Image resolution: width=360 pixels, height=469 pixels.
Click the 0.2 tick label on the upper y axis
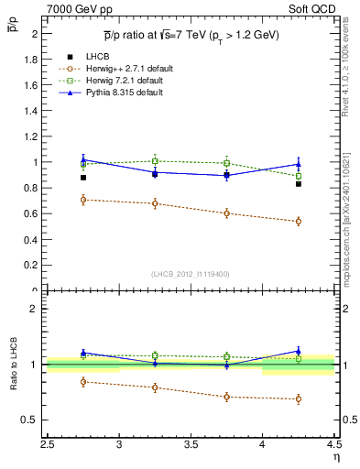point(35,266)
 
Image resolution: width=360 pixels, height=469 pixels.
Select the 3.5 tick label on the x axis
point(191,445)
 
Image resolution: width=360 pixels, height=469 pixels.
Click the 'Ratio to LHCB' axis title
point(12,365)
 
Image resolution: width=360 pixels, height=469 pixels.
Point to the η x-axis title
point(335,457)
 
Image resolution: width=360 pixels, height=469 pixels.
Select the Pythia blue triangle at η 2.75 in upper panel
point(83,159)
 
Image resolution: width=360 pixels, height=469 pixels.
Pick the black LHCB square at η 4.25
point(298,184)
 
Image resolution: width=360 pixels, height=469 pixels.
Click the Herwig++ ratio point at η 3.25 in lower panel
point(155,387)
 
